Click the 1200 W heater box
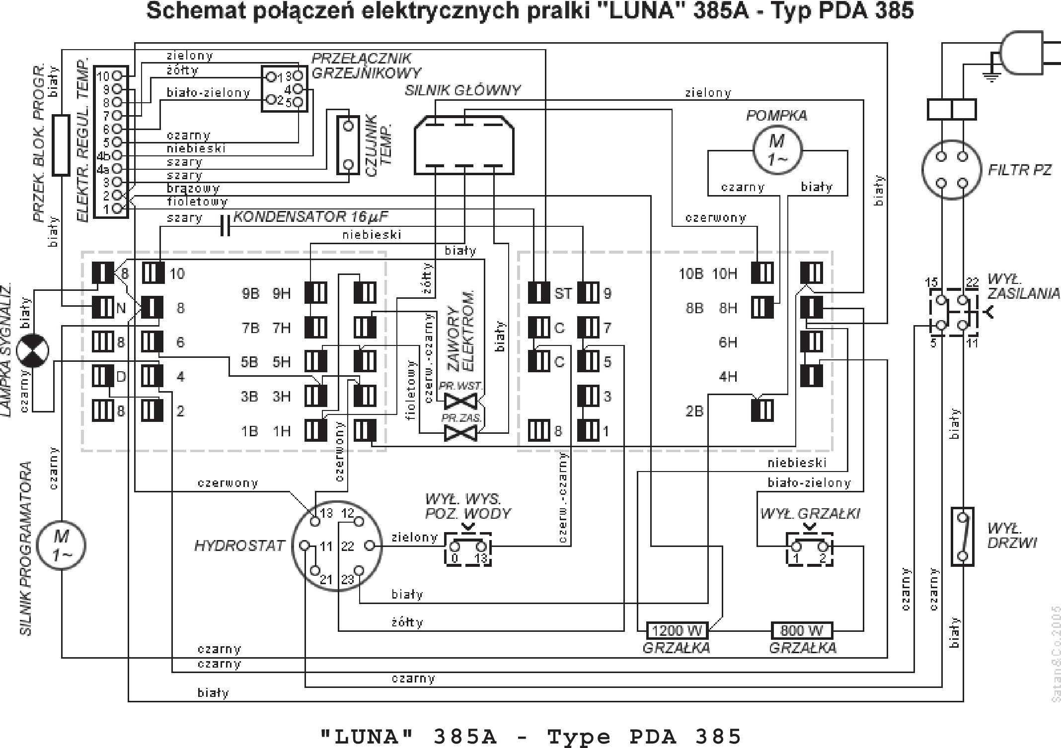click(x=677, y=631)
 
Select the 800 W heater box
click(x=802, y=631)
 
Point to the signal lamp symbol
click(x=32, y=351)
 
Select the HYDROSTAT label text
click(x=239, y=546)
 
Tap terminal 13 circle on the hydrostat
click(x=315, y=521)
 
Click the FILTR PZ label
click(x=1019, y=170)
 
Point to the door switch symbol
click(x=962, y=537)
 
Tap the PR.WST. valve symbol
click(x=460, y=400)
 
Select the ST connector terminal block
click(x=538, y=293)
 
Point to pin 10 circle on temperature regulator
click(x=117, y=75)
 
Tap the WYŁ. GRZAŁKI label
click(x=810, y=514)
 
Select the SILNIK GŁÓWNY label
click(x=462, y=90)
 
